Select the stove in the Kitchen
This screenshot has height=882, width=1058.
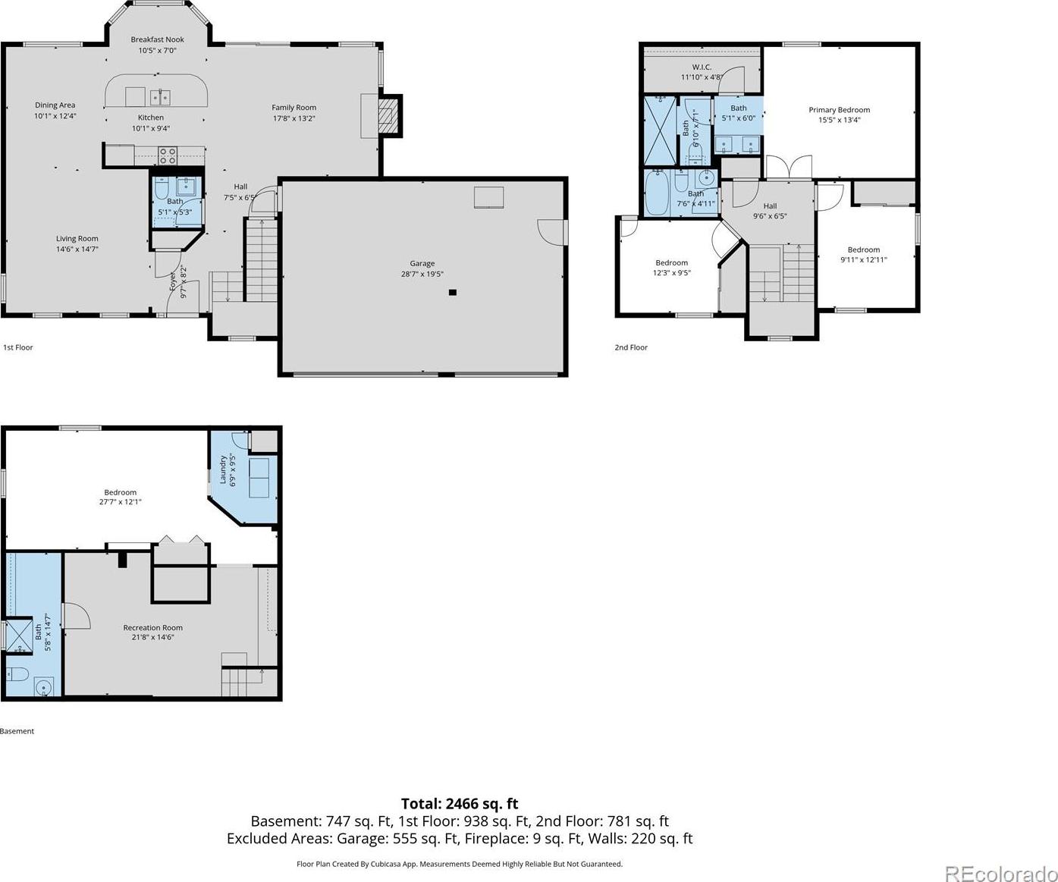tap(168, 155)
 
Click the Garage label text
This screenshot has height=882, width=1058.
tap(422, 263)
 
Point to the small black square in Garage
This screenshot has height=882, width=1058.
tap(453, 292)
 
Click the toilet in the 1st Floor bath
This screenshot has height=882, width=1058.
tap(162, 188)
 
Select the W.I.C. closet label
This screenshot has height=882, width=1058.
tap(702, 67)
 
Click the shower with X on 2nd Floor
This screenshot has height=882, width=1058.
tap(660, 130)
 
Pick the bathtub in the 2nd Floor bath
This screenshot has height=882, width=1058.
tap(658, 193)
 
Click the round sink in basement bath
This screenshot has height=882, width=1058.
tap(43, 687)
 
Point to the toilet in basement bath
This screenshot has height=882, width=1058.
tap(17, 674)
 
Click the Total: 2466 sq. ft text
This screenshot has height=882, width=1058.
tap(460, 803)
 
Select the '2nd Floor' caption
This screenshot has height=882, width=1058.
tap(631, 347)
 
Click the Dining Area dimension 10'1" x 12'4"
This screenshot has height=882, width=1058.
tap(55, 115)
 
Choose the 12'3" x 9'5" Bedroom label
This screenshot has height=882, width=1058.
tap(671, 272)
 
